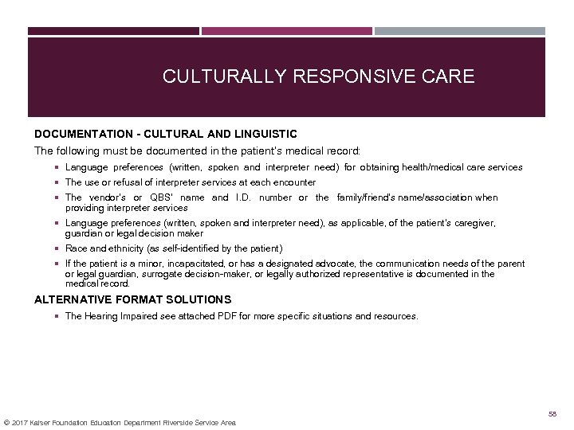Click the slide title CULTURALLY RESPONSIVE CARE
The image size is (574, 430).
point(318,76)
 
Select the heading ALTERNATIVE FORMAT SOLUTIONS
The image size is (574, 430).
point(132,299)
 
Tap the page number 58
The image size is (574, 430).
point(552,415)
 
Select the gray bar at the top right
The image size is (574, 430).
point(459,32)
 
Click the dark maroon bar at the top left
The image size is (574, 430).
point(113,32)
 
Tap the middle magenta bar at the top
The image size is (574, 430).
point(286,32)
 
